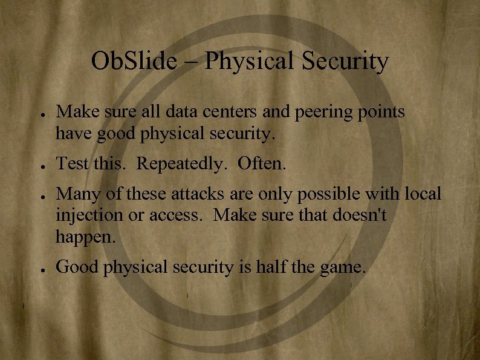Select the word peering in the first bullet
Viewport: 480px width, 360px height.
click(x=330, y=112)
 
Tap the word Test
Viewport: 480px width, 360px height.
click(x=72, y=163)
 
